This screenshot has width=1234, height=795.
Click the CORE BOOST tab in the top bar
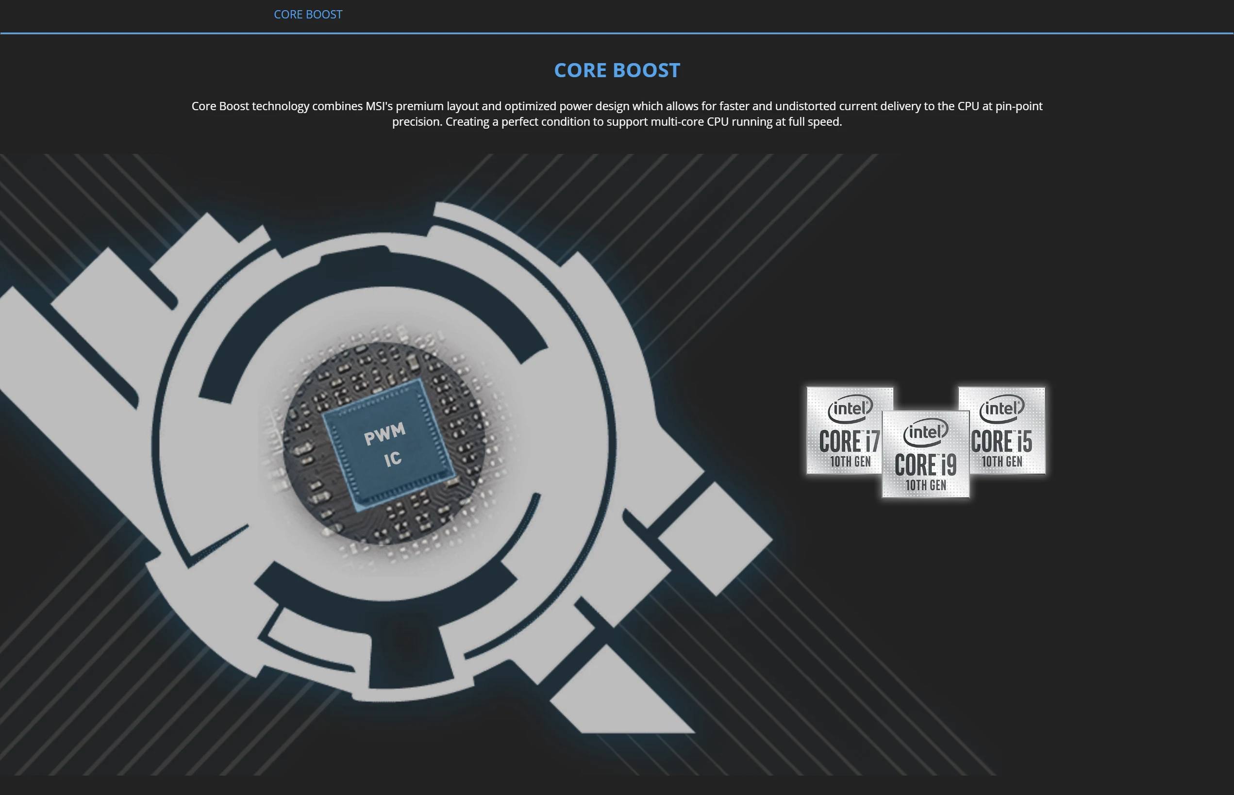point(308,15)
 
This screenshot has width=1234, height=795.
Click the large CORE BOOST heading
point(617,70)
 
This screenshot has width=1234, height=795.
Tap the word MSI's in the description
point(379,106)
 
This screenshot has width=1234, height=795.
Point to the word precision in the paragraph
point(416,122)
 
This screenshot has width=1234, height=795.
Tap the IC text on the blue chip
point(393,459)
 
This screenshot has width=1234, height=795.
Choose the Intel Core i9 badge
point(926,454)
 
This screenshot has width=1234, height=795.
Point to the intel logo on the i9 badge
point(926,431)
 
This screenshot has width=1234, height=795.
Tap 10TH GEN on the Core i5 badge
point(1002,462)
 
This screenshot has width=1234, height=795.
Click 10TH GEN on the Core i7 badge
point(850,462)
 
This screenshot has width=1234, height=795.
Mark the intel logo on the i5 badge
point(1001,408)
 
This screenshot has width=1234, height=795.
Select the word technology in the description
point(281,106)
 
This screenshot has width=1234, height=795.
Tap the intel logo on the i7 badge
point(850,408)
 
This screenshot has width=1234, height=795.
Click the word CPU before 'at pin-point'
point(968,106)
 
